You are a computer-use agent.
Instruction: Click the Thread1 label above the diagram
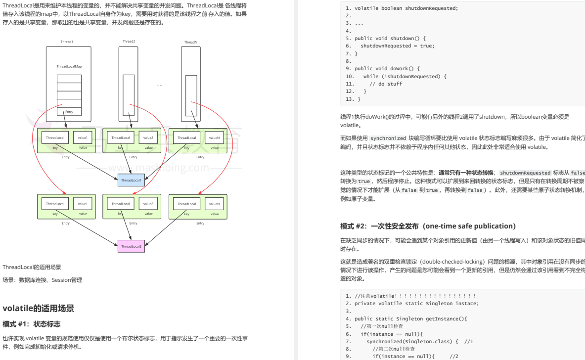coord(67,42)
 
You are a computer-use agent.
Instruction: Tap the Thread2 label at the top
coord(129,41)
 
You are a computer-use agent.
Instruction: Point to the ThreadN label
coord(191,42)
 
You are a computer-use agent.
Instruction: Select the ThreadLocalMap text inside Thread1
coord(69,66)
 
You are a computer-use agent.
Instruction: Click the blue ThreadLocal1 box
coord(131,180)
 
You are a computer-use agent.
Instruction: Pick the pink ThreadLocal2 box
coord(131,246)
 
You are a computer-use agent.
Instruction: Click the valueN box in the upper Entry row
coord(214,137)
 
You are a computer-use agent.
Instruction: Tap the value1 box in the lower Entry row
coord(83,204)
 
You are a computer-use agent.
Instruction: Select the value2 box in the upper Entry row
coord(149,137)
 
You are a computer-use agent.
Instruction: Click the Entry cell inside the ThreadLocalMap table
coord(69,112)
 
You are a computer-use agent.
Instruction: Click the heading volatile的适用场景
coord(39,309)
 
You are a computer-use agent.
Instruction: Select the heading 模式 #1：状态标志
coord(32,324)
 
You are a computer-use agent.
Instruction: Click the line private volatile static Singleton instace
coord(416,303)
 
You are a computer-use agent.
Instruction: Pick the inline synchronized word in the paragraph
coord(388,138)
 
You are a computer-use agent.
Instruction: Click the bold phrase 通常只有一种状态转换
coord(465,173)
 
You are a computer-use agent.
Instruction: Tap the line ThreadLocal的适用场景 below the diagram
coord(32,267)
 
